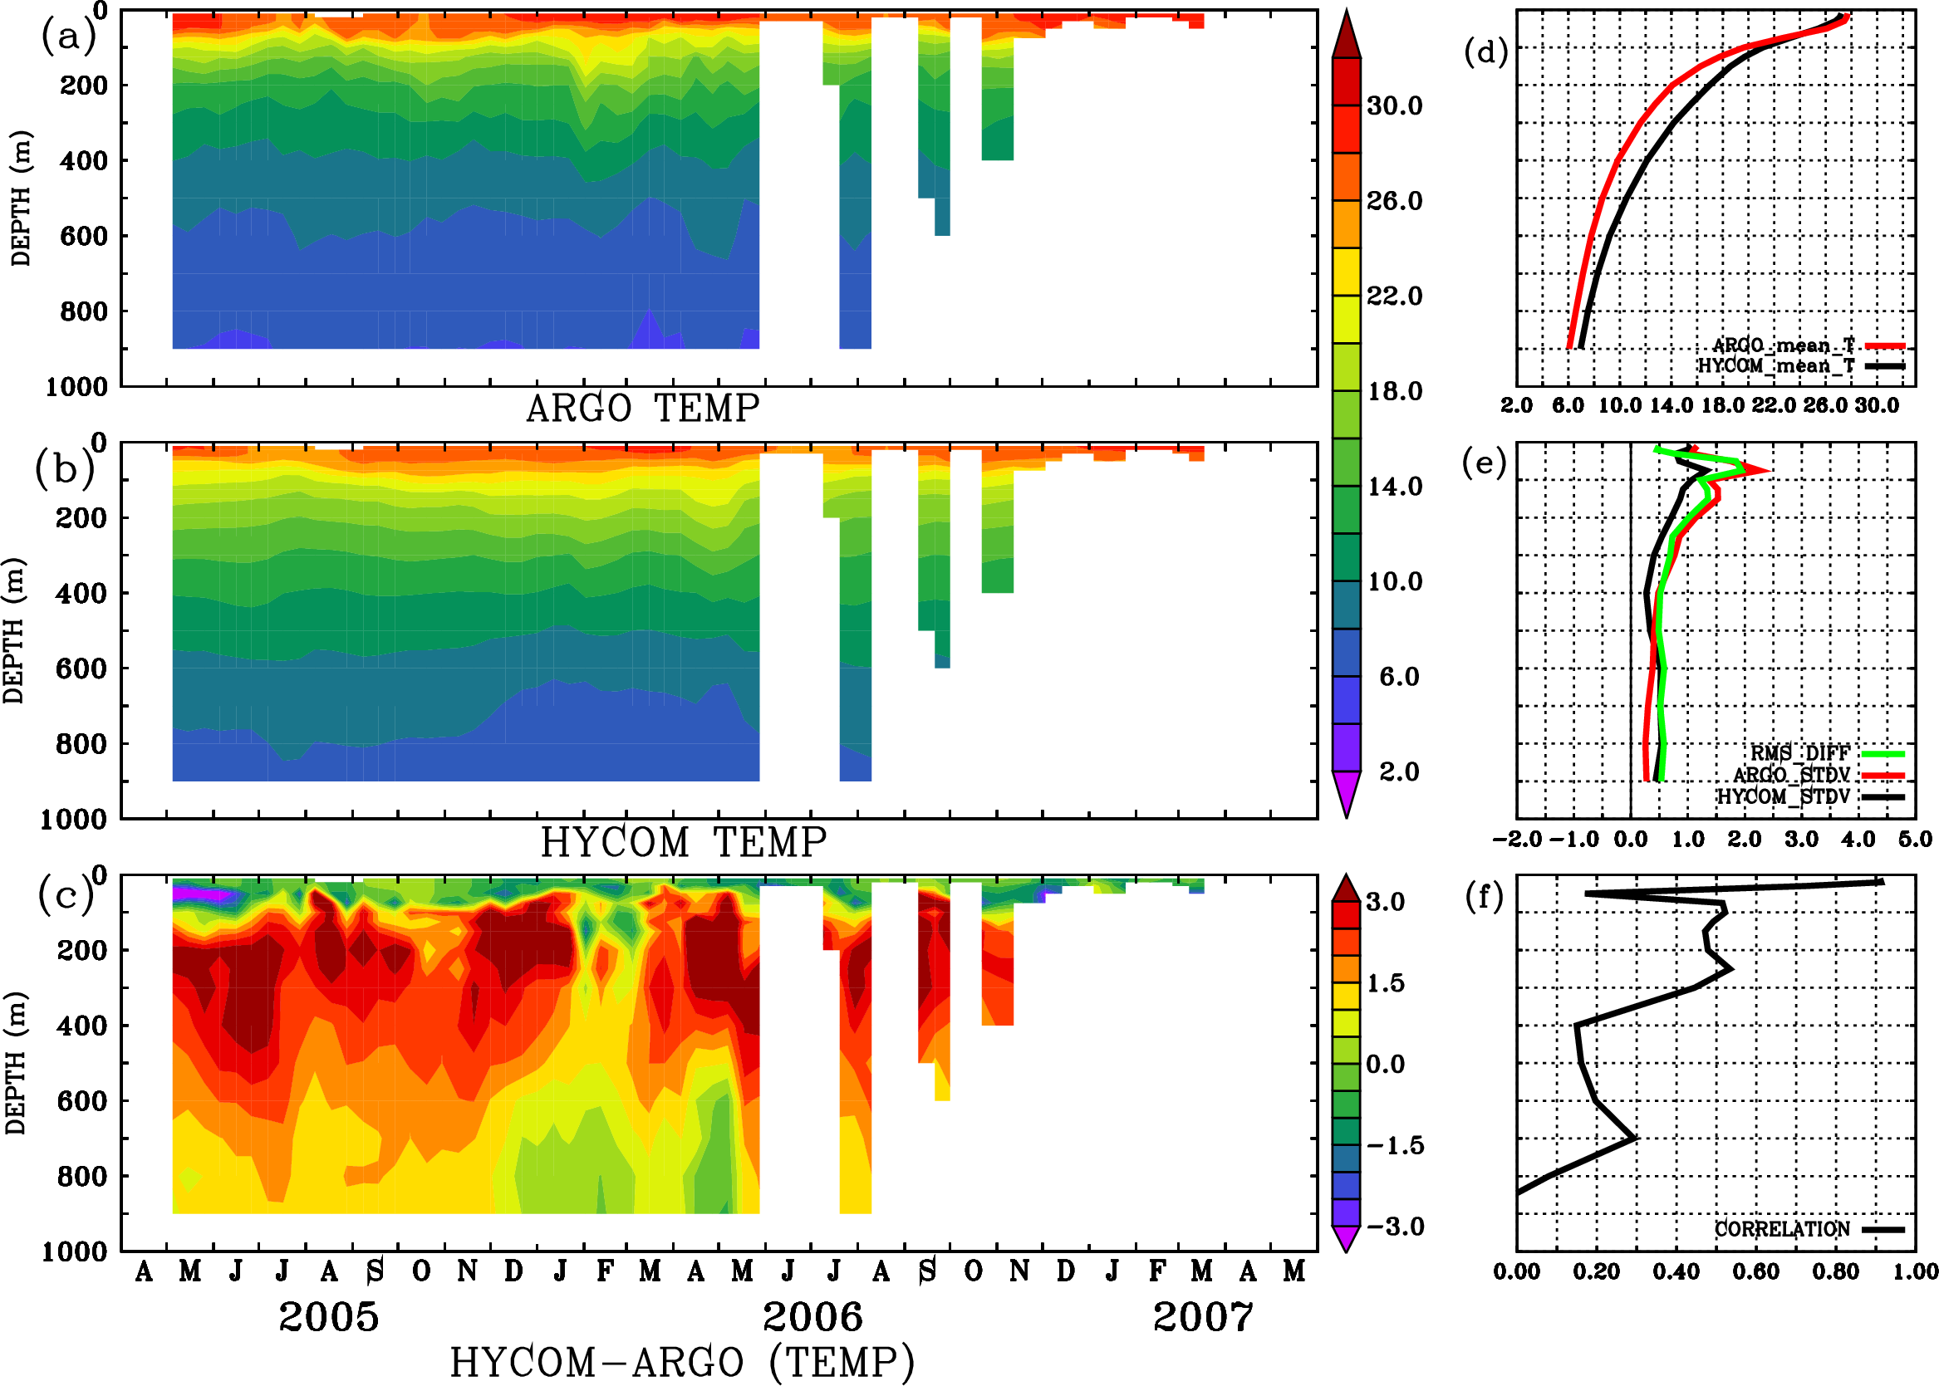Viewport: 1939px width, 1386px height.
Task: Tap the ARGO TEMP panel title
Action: (642, 409)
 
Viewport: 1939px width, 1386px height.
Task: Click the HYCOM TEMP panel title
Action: (683, 842)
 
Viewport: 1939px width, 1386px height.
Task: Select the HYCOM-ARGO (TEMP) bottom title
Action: (681, 1362)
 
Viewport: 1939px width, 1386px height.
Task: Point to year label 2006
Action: (812, 1317)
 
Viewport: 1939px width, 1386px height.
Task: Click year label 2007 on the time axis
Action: (1203, 1317)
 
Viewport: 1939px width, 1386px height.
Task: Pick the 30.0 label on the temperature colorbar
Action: (1394, 105)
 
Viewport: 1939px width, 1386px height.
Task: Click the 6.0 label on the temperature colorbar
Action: (1398, 677)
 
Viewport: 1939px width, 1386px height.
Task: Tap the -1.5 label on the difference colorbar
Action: (1394, 1145)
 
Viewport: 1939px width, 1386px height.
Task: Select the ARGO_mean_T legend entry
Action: (1784, 345)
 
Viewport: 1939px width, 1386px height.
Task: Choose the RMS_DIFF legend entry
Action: (1799, 753)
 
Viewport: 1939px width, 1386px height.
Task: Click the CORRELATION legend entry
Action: (1783, 1230)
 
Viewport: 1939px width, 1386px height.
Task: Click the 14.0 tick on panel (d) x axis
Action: (1670, 405)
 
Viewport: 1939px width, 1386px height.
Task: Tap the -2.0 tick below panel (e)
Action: (1516, 840)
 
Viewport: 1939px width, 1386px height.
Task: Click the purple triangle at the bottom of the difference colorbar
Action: (1347, 1238)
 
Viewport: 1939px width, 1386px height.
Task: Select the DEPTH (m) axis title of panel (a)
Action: (21, 198)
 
